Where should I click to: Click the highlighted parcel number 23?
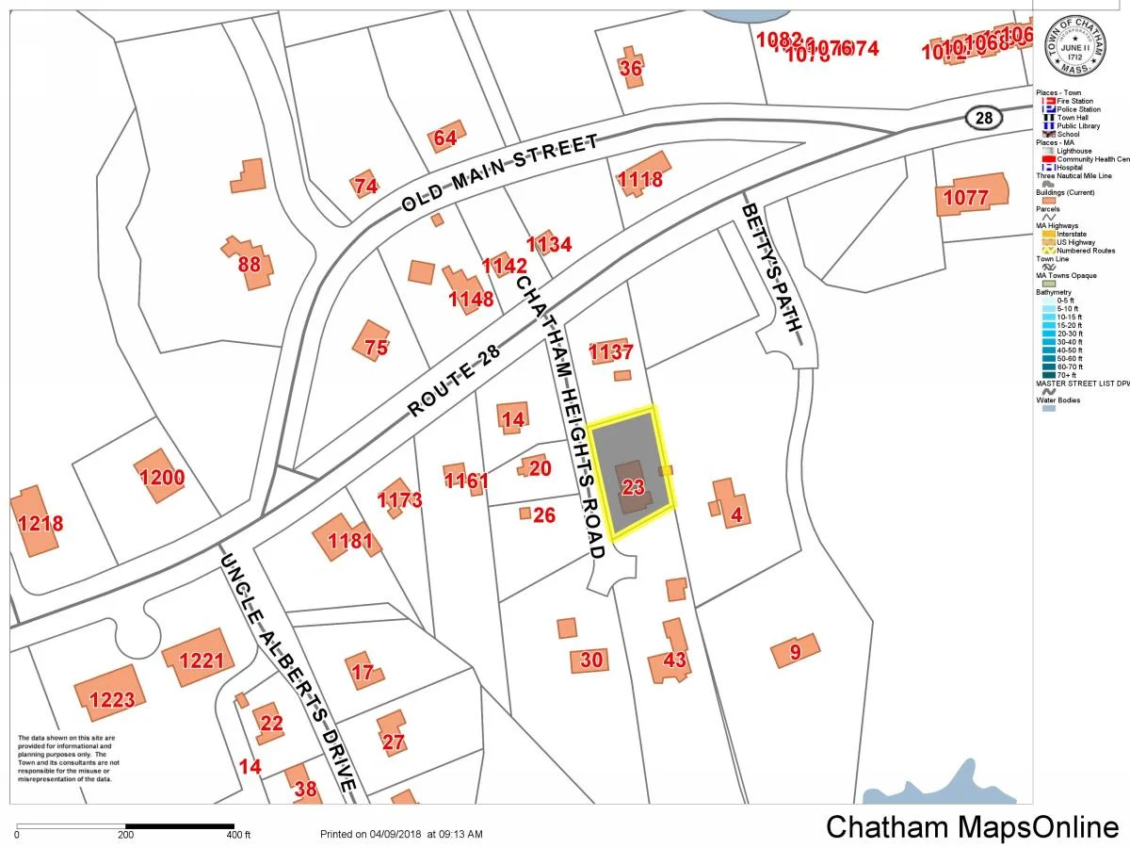tap(634, 487)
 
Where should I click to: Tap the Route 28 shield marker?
tap(984, 117)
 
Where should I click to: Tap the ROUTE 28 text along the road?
tap(453, 379)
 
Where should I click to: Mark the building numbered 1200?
tap(162, 477)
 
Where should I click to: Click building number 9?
tap(795, 651)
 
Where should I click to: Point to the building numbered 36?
tap(631, 68)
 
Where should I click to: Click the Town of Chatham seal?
tap(1072, 47)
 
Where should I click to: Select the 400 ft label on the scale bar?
tap(238, 835)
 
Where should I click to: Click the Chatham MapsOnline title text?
tap(971, 827)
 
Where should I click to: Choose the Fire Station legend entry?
tap(1074, 101)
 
